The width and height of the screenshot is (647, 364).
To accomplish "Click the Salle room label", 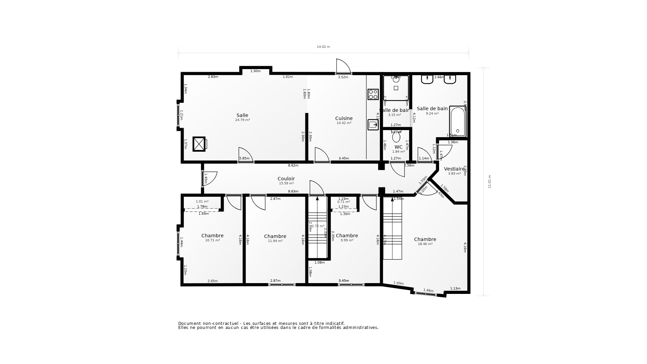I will pos(242,115).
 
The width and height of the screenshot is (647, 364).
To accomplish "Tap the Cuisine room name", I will pos(344,118).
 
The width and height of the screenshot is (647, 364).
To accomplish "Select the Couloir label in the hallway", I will pos(286,179).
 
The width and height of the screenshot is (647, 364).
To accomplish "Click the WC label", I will pos(398,147).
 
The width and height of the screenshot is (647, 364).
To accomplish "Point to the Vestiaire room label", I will pos(454,169).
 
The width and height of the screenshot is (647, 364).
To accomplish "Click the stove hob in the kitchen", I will pos(373,94).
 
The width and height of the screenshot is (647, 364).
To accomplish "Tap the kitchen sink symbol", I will pos(373,125).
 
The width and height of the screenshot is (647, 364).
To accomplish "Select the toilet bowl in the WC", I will pos(396,137).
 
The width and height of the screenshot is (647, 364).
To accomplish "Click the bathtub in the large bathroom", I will pos(458,121).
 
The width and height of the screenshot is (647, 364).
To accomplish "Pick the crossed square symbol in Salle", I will pos(199,144).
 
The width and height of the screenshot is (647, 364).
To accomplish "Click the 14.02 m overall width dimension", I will pos(323,47).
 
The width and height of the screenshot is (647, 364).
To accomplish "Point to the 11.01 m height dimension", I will pos(490,181).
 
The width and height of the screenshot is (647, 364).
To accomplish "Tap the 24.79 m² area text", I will pos(242,120).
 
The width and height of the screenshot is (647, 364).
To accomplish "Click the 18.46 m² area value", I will pos(425,244).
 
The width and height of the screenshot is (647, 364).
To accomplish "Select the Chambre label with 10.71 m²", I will pos(212,236).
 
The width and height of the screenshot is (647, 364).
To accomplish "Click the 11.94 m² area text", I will pos(275,241).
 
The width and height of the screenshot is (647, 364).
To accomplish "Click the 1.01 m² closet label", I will pos(202,202).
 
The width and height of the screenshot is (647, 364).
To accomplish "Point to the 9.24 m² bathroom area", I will pos(432,114).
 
